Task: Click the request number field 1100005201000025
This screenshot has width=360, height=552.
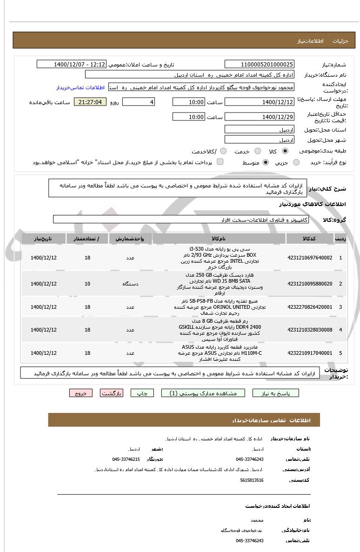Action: (x=260, y=64)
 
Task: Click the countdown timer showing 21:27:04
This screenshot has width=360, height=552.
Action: (x=90, y=102)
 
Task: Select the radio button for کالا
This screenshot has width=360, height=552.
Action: (x=285, y=152)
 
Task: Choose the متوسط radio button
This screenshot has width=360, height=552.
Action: (x=266, y=162)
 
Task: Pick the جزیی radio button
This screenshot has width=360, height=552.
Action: (x=296, y=162)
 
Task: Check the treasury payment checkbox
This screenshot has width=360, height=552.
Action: (x=220, y=162)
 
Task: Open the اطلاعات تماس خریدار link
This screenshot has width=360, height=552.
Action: (x=80, y=87)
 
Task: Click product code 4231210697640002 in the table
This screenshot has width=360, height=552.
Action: (x=310, y=258)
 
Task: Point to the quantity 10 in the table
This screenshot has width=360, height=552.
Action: (x=87, y=284)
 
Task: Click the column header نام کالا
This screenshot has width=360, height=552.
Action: (x=219, y=239)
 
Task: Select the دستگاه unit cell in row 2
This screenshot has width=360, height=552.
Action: (x=130, y=284)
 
